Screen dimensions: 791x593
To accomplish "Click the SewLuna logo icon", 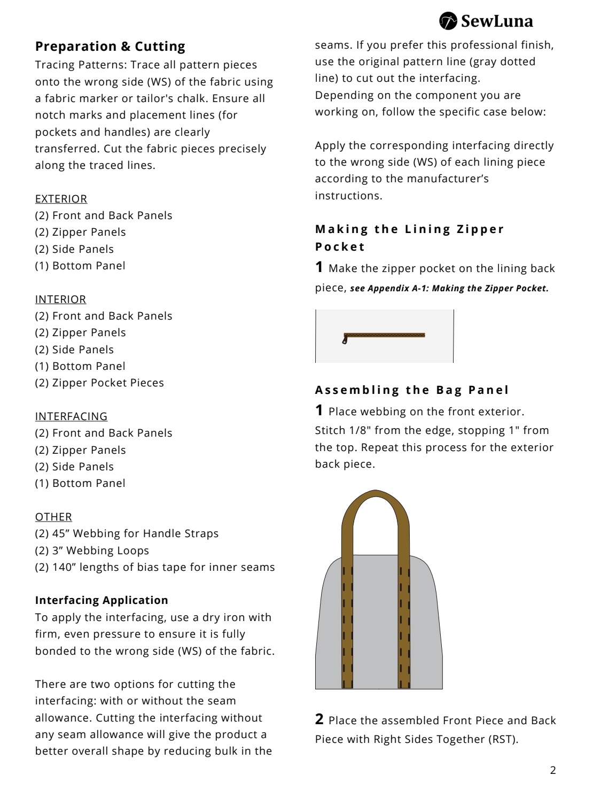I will [448, 21].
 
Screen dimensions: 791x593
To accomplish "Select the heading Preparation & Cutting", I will [110, 46].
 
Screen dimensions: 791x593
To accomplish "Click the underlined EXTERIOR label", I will [61, 199].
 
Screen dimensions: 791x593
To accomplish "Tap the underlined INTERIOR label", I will [60, 299].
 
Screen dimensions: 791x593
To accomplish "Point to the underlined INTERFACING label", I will [71, 416].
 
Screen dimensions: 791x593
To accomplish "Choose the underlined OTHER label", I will [53, 517].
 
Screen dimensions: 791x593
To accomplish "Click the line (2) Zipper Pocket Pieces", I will [99, 383].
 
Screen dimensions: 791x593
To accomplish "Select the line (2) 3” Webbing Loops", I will [92, 550].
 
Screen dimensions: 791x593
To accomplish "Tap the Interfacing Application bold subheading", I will [102, 600].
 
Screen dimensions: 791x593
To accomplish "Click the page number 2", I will [553, 770].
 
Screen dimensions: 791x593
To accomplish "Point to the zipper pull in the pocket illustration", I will [345, 339].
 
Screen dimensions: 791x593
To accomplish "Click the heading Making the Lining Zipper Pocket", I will [409, 238].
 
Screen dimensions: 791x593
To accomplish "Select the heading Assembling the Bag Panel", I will [412, 390].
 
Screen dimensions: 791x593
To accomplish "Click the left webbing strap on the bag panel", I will [347, 625].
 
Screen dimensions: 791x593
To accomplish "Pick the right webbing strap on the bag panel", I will [404, 625].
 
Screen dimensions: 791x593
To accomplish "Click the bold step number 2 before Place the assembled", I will [319, 719].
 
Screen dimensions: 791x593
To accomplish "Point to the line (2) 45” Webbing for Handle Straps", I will [127, 533].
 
